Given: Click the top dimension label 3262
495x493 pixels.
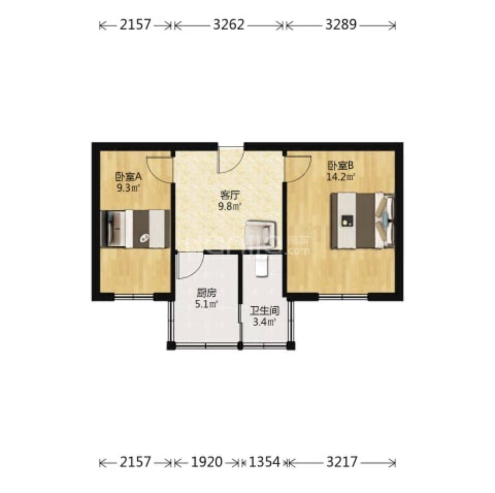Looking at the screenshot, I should coord(228,25).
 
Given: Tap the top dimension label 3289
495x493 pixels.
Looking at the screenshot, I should coord(340,25).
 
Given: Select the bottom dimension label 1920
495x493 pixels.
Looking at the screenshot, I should coord(207,463).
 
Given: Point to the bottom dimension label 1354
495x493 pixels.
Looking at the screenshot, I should coord(265,463).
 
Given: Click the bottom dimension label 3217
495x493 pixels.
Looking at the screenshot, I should coord(342,463).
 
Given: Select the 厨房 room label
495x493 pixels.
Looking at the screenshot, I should coord(206,293).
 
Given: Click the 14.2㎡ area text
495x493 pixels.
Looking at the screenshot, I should coord(341,177).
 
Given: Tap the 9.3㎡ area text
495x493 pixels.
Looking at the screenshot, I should coord(128,187).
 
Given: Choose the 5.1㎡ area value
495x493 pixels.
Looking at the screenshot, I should coord(206,304).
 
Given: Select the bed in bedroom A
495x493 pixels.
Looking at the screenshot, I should coord(135,229).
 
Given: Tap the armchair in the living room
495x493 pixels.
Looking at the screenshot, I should coord(261,233).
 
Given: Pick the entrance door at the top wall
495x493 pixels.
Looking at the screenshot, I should coord(231,160).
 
